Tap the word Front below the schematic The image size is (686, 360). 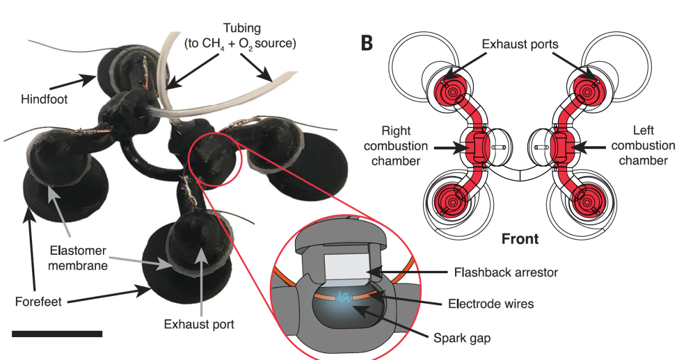520,238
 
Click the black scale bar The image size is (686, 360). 57,333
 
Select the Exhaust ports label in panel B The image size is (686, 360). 520,43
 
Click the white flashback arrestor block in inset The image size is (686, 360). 345,266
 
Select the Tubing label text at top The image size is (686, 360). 239,34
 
